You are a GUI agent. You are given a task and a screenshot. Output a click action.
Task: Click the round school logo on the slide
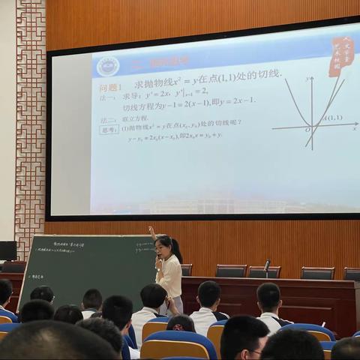click(x=108, y=67)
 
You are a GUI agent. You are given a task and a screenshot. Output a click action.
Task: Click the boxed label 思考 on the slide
click(x=109, y=129)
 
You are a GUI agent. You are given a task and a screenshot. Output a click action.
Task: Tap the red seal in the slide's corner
click(x=341, y=57)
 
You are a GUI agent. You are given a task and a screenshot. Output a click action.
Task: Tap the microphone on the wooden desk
click(x=266, y=265)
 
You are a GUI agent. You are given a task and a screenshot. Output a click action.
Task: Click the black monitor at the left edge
click(x=7, y=250)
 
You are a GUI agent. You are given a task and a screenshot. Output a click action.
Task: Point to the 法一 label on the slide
click(x=108, y=97)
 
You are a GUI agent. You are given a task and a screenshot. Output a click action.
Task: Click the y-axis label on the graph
click(x=307, y=79)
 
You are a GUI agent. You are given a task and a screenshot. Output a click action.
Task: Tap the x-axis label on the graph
click(x=354, y=129)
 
